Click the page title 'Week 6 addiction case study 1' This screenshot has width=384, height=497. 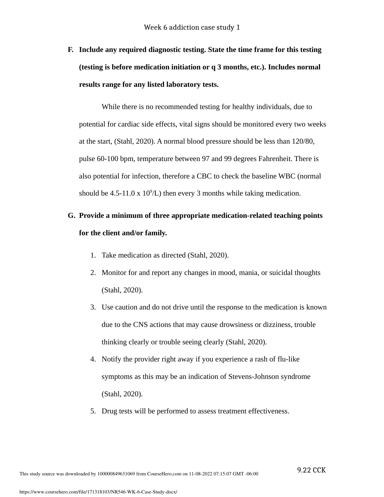click(192, 27)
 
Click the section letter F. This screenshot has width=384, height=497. click(70, 50)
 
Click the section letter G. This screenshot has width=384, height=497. click(71, 216)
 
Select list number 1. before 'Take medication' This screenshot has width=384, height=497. click(93, 255)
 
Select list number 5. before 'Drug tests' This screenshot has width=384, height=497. click(93, 411)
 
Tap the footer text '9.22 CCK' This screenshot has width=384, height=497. click(311, 470)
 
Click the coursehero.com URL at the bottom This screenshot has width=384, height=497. click(98, 492)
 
